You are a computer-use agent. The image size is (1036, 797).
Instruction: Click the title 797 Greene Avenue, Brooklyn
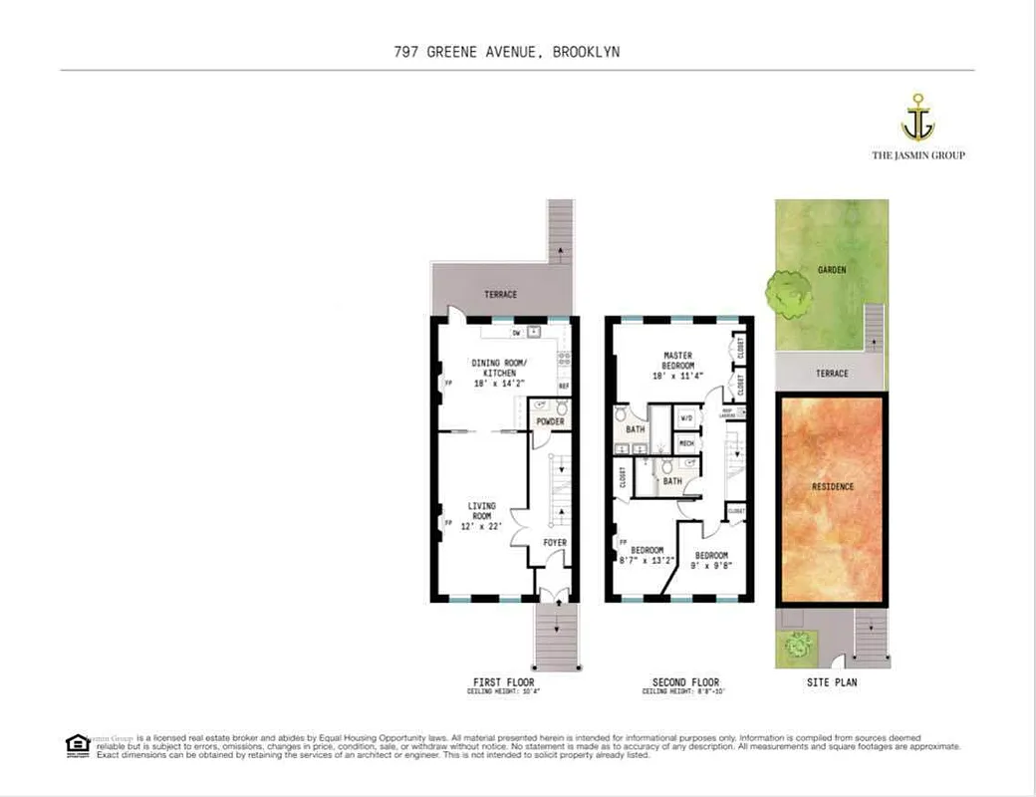pos(507,52)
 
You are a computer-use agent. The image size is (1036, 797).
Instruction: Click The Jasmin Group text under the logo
pos(917,155)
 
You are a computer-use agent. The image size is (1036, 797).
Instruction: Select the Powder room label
pos(550,422)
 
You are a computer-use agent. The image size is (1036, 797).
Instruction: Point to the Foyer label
pos(555,543)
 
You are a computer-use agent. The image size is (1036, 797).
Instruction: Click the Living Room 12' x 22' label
pos(482,516)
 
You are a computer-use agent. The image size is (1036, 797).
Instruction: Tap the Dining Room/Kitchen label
pos(494,372)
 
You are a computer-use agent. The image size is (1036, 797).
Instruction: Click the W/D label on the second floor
pos(685,418)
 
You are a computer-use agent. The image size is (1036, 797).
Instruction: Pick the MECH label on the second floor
pos(686,442)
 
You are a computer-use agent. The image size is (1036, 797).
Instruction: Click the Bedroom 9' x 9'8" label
pos(711,561)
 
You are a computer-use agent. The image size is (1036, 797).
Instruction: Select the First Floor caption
pos(503,682)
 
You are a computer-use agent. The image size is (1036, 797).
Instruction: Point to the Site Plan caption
pos(832,682)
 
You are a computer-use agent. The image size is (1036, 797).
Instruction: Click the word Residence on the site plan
pos(833,486)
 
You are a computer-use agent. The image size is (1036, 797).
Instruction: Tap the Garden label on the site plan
pos(832,270)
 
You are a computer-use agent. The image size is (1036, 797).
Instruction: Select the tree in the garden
pos(790,294)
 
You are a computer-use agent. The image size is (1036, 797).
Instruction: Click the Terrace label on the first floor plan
pos(501,295)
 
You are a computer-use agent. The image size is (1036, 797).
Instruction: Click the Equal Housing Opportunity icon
pos(78,744)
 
